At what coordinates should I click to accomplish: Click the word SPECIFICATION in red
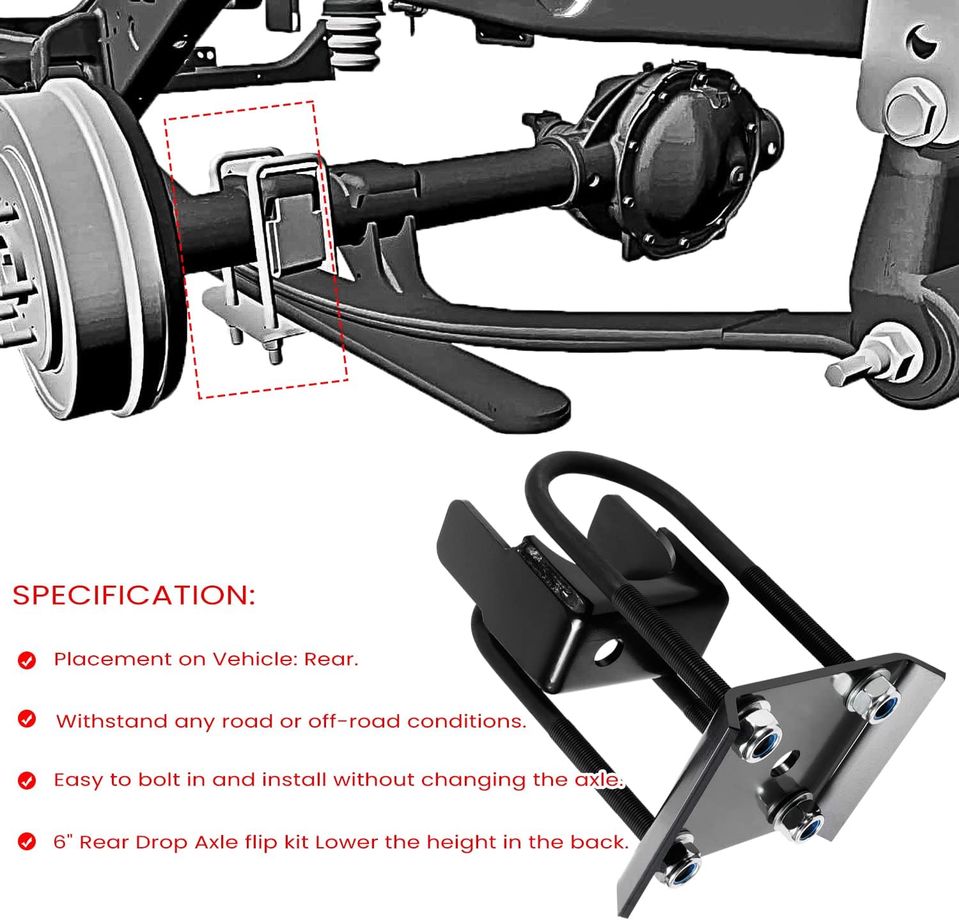point(134,595)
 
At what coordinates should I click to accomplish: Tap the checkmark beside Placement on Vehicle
point(27,660)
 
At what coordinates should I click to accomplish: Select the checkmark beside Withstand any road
point(27,719)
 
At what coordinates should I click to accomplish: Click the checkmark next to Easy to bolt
point(27,781)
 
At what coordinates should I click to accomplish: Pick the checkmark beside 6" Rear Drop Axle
point(27,842)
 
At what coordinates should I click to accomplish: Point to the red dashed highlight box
point(256,249)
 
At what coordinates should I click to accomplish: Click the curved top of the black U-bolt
point(595,464)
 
